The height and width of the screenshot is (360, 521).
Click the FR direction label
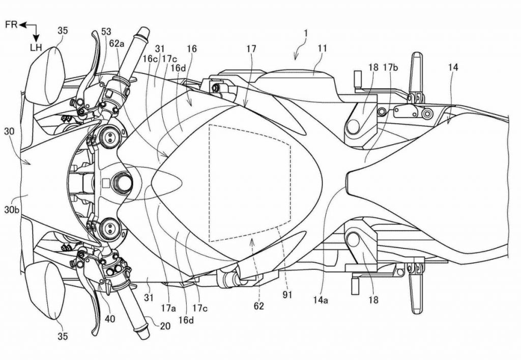pyautogui.click(x=11, y=24)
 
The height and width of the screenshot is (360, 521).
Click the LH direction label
pyautogui.click(x=36, y=47)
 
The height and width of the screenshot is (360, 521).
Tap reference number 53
pyautogui.click(x=106, y=32)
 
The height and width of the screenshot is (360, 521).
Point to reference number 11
pyautogui.click(x=322, y=48)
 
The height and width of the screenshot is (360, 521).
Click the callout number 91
pyautogui.click(x=287, y=294)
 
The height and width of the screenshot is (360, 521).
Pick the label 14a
pyautogui.click(x=321, y=300)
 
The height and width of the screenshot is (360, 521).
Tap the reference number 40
pyautogui.click(x=110, y=319)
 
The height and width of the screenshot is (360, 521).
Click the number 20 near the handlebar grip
pyautogui.click(x=165, y=326)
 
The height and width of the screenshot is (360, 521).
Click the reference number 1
pyautogui.click(x=306, y=33)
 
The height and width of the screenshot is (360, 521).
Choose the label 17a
pyautogui.click(x=168, y=309)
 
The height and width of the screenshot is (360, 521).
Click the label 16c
pyautogui.click(x=150, y=59)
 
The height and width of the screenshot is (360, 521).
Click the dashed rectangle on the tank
pyautogui.click(x=250, y=183)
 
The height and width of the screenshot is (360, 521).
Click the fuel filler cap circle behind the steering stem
pyautogui.click(x=124, y=182)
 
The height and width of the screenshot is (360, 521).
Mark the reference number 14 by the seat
pyautogui.click(x=453, y=68)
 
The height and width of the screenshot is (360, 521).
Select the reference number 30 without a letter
pyautogui.click(x=9, y=132)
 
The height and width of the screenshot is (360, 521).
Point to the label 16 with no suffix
pyautogui.click(x=192, y=49)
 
